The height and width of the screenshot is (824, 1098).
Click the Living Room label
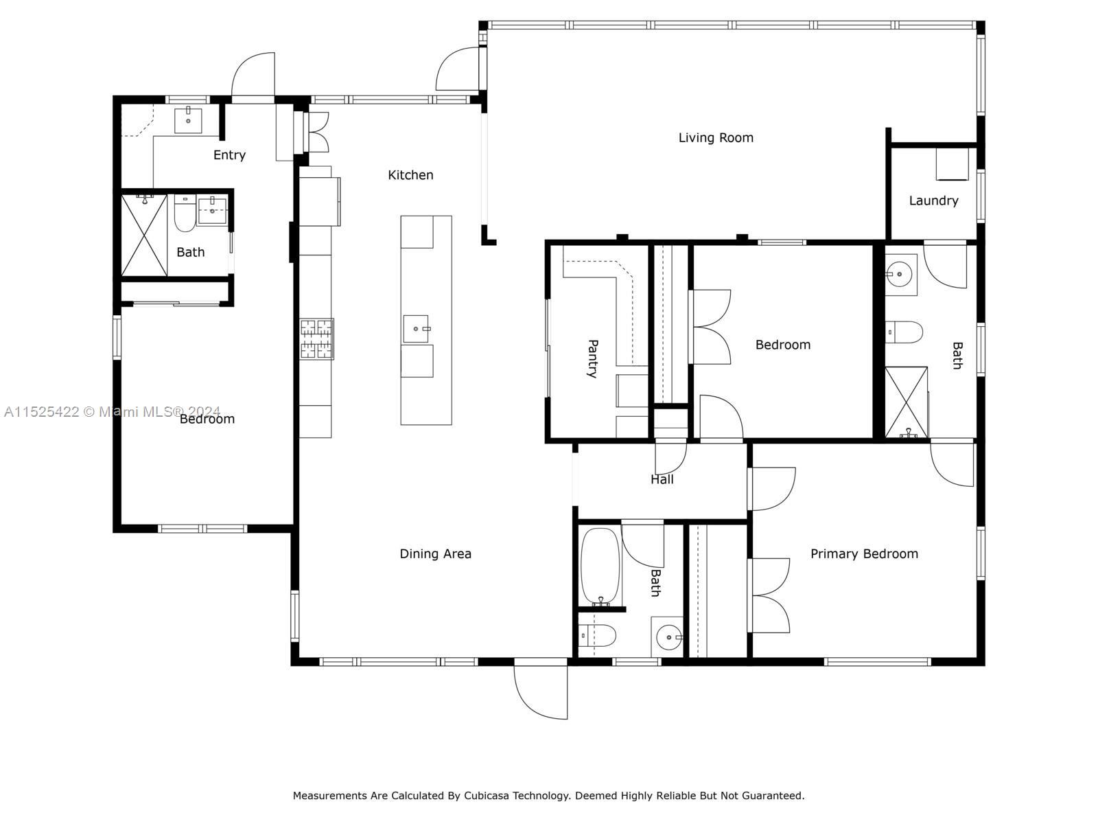715,137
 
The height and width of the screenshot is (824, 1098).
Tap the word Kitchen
410,175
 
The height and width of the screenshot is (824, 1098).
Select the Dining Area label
435,554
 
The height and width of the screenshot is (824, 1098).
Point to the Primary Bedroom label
864,554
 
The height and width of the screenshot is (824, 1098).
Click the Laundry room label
933,201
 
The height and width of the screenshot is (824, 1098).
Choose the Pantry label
592,358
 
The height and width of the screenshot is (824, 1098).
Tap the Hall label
662,479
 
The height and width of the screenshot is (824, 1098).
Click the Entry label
229,155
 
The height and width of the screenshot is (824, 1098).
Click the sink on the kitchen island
416,329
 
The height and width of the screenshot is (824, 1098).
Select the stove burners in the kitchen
316,339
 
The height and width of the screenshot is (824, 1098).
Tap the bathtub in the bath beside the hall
600,566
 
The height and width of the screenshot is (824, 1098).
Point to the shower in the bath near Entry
144,235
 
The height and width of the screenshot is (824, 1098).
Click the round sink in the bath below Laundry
899,274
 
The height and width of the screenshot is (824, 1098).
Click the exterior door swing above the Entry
253,75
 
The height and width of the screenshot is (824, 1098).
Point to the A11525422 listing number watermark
42,412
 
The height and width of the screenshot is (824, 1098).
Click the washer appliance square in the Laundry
952,164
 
